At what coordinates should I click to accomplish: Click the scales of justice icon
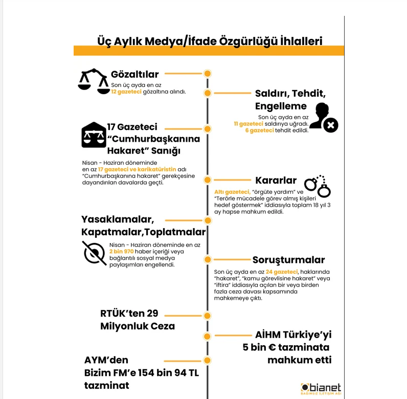[x=94, y=81]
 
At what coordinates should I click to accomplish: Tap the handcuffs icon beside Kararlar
[x=318, y=187]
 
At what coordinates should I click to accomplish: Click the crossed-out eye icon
[x=95, y=253]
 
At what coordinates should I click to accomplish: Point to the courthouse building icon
[x=94, y=135]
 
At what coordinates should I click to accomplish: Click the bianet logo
[x=321, y=388]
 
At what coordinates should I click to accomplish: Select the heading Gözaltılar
[x=135, y=74]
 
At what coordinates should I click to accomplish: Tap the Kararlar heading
[x=276, y=180]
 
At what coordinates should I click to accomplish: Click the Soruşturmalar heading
[x=289, y=260]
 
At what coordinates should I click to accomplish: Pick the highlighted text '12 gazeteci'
[x=126, y=92]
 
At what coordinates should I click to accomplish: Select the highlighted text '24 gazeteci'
[x=282, y=272]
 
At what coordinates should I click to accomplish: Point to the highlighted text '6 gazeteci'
[x=260, y=130]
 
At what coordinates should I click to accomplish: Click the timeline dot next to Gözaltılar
[x=208, y=74]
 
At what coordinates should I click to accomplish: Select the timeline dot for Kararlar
[x=208, y=180]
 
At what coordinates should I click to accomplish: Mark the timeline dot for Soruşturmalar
[x=208, y=260]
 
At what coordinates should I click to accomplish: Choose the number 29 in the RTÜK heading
[x=152, y=314]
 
